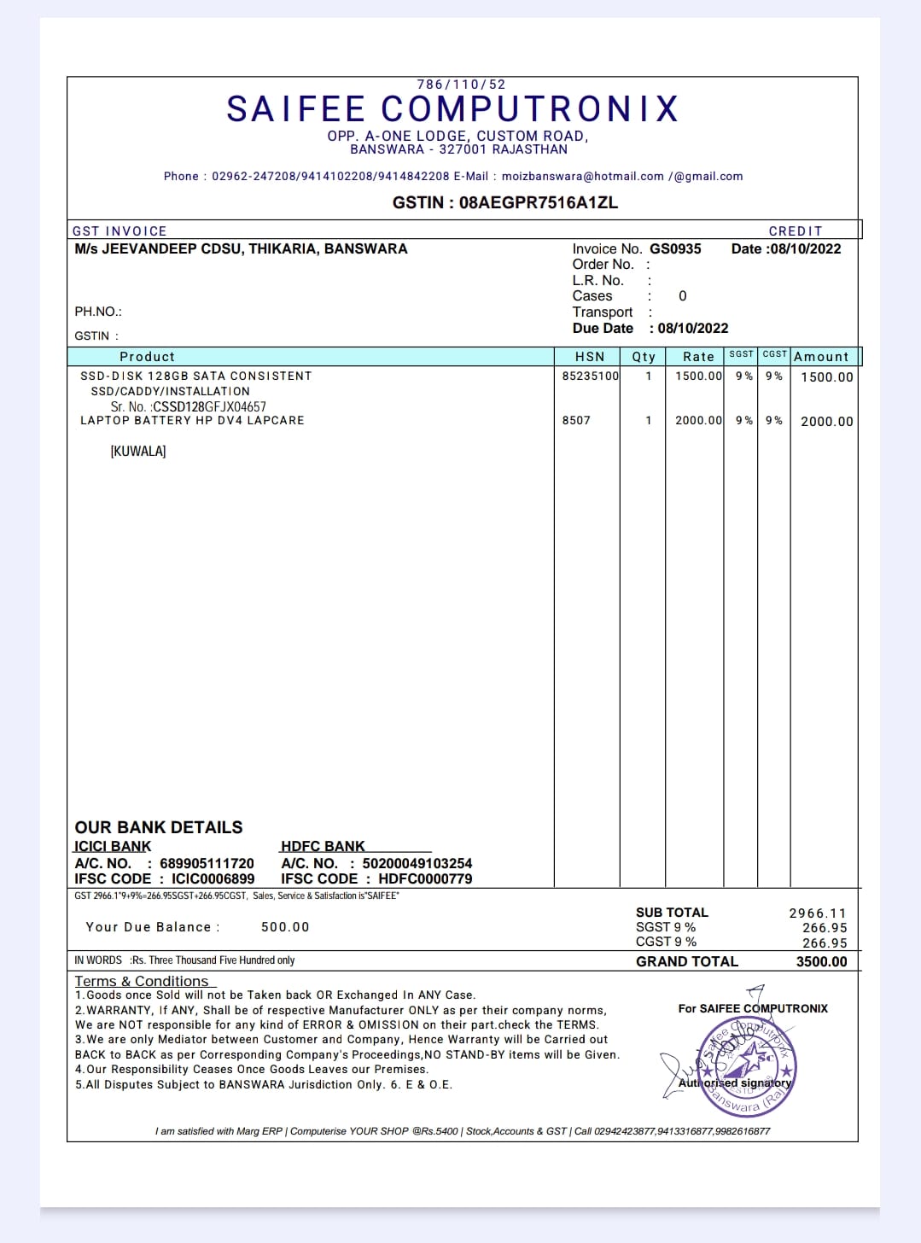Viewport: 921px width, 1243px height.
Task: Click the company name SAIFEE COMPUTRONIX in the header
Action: coord(452,109)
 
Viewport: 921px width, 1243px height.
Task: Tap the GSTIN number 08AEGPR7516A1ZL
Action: coord(538,202)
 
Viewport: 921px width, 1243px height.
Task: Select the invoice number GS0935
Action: coord(675,248)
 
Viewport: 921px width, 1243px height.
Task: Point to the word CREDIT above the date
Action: coord(795,231)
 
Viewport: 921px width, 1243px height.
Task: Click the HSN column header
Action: coord(590,357)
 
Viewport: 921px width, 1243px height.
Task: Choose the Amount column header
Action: coord(821,357)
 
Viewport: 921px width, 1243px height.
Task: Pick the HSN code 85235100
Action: coord(590,376)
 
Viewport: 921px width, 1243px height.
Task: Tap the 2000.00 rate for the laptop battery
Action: coord(698,420)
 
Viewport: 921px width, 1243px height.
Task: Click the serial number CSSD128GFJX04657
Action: coord(209,406)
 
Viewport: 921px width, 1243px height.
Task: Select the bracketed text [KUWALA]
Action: coord(138,451)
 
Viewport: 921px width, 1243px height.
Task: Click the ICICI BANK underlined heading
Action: coord(113,846)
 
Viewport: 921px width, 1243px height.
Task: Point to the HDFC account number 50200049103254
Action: coord(417,863)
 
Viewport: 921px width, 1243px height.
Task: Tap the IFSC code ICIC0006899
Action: coord(213,878)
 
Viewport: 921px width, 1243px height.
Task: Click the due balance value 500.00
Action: coord(285,927)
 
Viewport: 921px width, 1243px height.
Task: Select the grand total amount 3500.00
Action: coord(821,961)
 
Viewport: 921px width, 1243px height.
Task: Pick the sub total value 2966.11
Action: coord(818,913)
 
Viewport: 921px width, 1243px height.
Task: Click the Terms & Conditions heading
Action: coord(142,981)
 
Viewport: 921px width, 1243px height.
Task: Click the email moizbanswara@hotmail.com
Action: coord(582,177)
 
